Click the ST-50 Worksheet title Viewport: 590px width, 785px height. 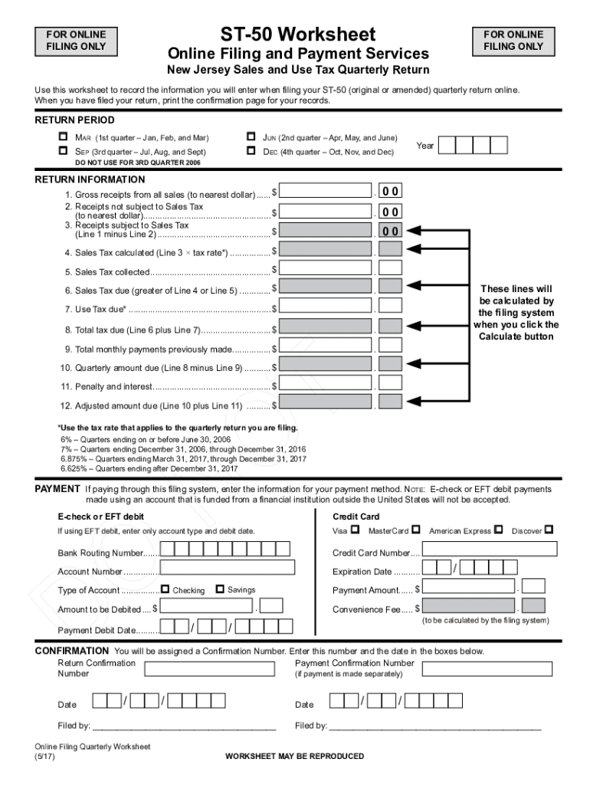pyautogui.click(x=298, y=34)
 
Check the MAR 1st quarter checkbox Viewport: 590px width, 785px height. pyautogui.click(x=64, y=136)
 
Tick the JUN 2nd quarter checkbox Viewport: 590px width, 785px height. pyautogui.click(x=251, y=136)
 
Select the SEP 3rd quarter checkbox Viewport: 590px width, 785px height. pyautogui.click(x=64, y=151)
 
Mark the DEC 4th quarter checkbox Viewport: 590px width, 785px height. pyautogui.click(x=251, y=151)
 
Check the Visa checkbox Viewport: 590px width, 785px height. pyautogui.click(x=354, y=529)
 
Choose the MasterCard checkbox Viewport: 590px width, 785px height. pyautogui.click(x=415, y=529)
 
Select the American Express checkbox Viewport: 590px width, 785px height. pyautogui.click(x=498, y=529)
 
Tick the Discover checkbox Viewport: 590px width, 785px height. pyautogui.click(x=549, y=529)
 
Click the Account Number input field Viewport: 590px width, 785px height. pyautogui.click(x=228, y=568)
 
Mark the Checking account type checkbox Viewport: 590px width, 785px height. pyautogui.click(x=165, y=590)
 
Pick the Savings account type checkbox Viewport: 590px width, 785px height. pyautogui.click(x=220, y=590)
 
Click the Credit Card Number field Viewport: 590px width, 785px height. pyautogui.click(x=490, y=550)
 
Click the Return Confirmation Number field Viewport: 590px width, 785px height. pyautogui.click(x=209, y=668)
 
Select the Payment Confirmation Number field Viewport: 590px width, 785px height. pyautogui.click(x=488, y=668)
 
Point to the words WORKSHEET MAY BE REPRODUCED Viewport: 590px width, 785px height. pyautogui.click(x=294, y=757)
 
